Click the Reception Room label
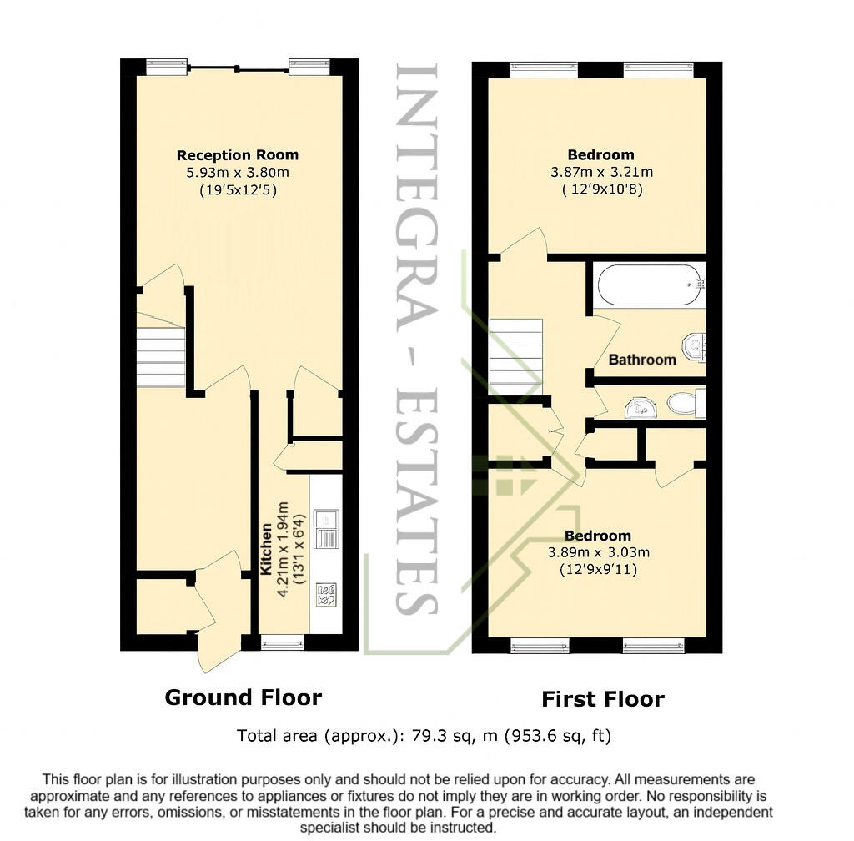[x=237, y=155]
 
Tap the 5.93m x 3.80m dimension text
[x=237, y=173]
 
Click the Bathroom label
[x=641, y=360]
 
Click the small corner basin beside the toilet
[x=640, y=407]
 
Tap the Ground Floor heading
[x=243, y=697]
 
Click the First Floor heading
[x=602, y=699]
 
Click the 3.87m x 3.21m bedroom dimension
[x=600, y=173]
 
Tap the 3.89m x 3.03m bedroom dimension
[x=598, y=552]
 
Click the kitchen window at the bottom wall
[x=282, y=642]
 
